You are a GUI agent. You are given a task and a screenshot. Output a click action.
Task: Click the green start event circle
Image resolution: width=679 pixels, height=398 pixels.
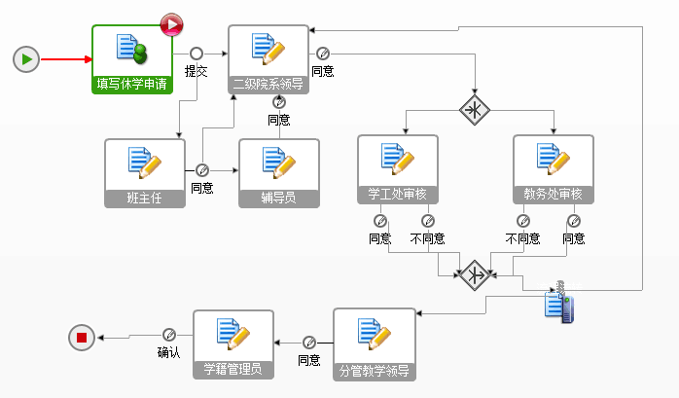coord(26,59)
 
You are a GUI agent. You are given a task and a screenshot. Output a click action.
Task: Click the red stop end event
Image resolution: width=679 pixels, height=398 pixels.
coord(82,338)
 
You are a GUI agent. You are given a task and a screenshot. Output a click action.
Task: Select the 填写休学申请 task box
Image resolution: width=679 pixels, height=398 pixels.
coord(132,59)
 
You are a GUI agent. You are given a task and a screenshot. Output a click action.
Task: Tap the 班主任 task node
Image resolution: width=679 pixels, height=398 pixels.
coord(144,173)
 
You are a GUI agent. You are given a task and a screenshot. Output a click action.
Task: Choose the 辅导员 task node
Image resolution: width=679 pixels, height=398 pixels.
coord(278,173)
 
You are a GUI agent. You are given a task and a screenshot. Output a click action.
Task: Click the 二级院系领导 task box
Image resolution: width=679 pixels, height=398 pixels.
coord(268,59)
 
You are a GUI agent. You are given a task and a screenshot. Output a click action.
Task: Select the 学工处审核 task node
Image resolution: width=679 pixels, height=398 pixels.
coord(397,168)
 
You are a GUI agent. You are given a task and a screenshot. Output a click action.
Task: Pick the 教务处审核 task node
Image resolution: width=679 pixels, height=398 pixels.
coord(553,168)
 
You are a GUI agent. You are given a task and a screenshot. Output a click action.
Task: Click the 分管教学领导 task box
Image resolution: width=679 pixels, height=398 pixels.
coord(374,343)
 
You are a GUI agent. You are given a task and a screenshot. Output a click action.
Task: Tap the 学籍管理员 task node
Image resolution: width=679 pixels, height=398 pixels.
coord(233,344)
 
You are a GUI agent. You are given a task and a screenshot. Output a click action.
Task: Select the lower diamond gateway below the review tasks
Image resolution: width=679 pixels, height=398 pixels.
coord(474,273)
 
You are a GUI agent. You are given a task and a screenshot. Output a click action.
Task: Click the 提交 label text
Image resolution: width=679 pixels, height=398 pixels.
coord(197,71)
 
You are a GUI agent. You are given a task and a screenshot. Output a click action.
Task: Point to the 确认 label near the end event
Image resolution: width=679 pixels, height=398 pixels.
coord(168,352)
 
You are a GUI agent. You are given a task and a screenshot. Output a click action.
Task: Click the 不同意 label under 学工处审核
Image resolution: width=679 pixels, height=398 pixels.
coord(427,238)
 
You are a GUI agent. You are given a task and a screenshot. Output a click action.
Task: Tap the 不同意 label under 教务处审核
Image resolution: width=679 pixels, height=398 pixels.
coord(522,238)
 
